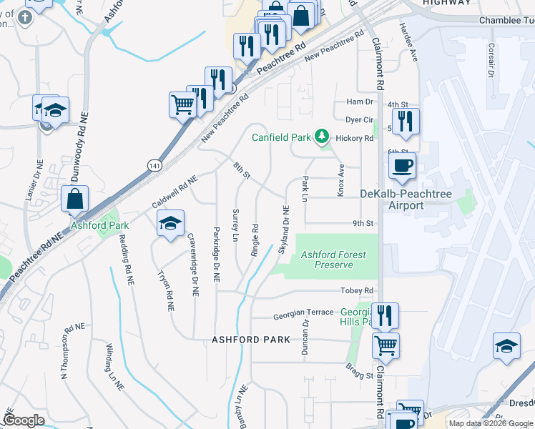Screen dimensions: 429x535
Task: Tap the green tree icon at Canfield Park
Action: [323, 135]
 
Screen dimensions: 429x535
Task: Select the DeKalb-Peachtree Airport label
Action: [401, 199]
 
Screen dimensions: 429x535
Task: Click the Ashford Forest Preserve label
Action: [333, 260]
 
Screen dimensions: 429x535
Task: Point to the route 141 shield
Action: [155, 165]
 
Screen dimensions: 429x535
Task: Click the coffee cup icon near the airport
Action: [402, 167]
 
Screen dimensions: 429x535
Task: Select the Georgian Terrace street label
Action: [303, 312]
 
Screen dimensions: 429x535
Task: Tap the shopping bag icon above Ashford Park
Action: [75, 199]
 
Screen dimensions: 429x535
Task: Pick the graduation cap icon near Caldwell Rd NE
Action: [171, 224]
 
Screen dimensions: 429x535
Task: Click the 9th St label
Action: [363, 224]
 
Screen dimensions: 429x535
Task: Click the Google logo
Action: [24, 420]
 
